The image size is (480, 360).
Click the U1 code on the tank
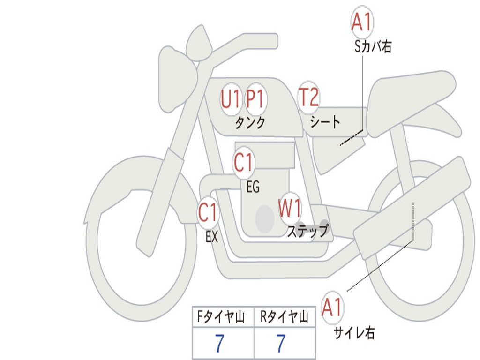(x=231, y=99)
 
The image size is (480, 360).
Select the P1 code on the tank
(x=255, y=99)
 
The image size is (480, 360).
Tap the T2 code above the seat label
(x=308, y=97)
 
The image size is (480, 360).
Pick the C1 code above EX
(x=208, y=213)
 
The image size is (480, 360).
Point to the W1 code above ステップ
(x=290, y=208)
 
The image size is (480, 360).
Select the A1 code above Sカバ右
(x=362, y=22)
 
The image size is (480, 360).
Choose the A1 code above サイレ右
(x=332, y=308)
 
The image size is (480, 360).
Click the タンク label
(x=250, y=123)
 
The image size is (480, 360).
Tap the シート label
(x=325, y=122)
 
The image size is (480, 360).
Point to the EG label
(x=253, y=187)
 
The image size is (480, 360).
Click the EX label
(x=212, y=237)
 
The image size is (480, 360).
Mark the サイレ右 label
(x=354, y=333)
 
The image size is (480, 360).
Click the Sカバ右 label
(x=373, y=47)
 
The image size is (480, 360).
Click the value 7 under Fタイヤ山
(x=219, y=344)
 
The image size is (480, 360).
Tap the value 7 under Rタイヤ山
(x=281, y=344)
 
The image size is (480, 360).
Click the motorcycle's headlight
(x=176, y=79)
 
